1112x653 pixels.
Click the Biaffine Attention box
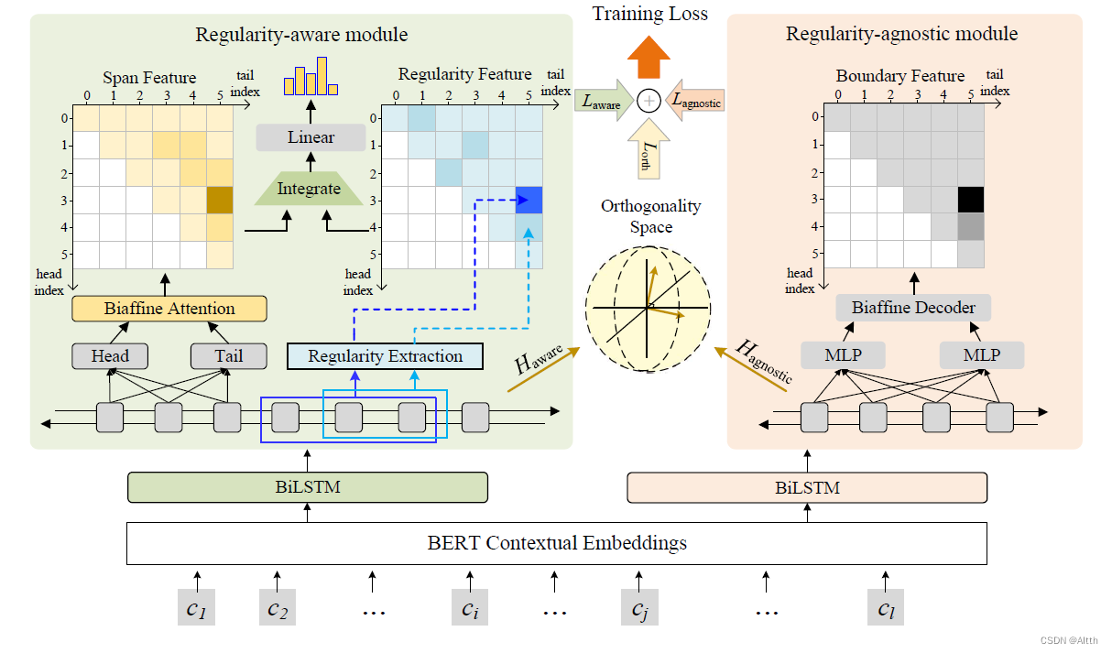coord(169,309)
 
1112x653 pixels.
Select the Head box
coord(110,355)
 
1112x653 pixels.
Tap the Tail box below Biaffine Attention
coord(228,355)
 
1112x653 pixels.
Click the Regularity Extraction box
coord(385,355)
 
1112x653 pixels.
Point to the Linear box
coord(311,138)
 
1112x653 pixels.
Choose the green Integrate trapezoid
coord(310,190)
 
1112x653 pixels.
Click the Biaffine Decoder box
coord(913,308)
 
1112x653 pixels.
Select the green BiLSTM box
coord(307,487)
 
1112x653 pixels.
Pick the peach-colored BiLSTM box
coord(807,487)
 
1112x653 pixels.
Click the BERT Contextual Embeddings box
coord(556,543)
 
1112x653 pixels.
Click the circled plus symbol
coord(649,102)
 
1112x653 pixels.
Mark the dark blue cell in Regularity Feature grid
coord(529,200)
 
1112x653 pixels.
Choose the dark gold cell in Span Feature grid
coord(220,200)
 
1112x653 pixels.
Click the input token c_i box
coord(470,607)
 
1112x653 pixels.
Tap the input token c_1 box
coord(196,607)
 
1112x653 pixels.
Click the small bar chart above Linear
coord(311,78)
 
